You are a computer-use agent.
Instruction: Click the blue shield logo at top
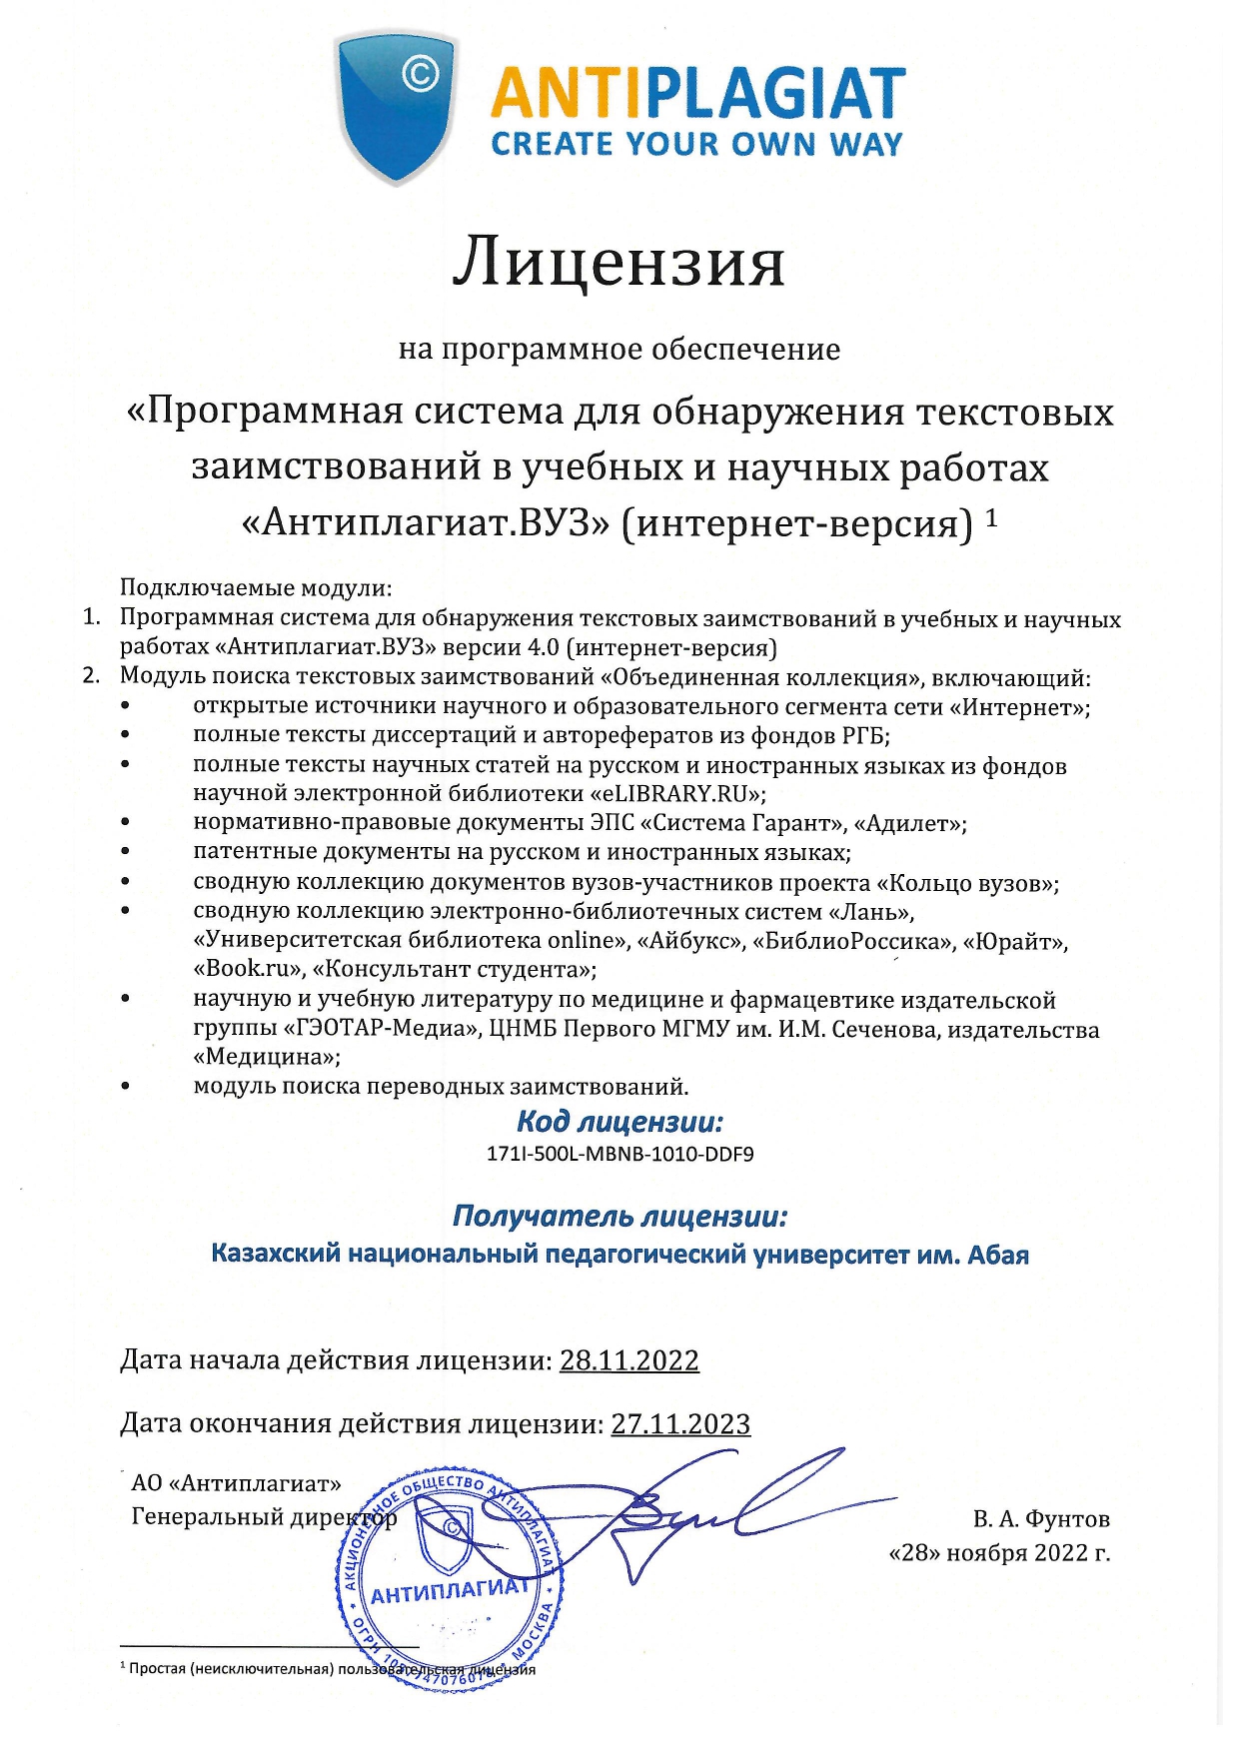click(x=398, y=105)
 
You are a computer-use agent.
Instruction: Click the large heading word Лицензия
click(x=619, y=263)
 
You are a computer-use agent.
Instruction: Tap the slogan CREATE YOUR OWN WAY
click(x=696, y=144)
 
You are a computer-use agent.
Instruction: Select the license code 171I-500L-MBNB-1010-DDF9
click(x=619, y=1154)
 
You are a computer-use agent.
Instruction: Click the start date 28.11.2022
click(x=628, y=1360)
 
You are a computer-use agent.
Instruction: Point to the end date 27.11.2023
click(x=680, y=1423)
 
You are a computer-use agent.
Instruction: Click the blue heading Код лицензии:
click(x=619, y=1122)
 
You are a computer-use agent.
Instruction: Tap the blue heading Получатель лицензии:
click(x=619, y=1216)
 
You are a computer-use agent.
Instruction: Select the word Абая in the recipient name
click(x=997, y=1254)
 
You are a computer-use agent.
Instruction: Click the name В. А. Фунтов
click(x=1041, y=1519)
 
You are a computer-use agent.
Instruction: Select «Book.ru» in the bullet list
click(x=248, y=969)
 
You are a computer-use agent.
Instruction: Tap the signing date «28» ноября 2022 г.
click(x=999, y=1553)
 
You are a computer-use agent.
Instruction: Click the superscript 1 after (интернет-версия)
click(x=991, y=516)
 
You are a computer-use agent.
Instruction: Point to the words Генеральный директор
click(x=264, y=1517)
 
